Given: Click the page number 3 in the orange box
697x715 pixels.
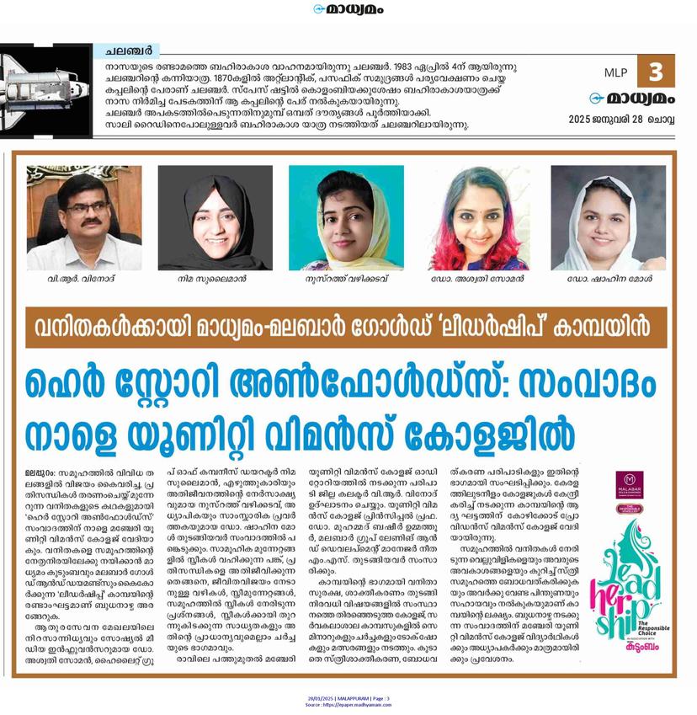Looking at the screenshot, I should tap(656, 72).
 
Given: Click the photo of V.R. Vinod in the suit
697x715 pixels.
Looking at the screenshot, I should tap(83, 217).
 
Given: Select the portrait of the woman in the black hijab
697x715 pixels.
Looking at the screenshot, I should tap(215, 217).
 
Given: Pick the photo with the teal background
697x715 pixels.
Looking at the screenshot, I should tap(345, 217).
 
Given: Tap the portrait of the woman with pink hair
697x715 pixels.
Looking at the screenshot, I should tap(477, 217).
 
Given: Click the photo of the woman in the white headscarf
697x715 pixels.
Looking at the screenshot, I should tap(609, 217).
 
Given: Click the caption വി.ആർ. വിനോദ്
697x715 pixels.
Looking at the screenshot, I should tap(84, 279).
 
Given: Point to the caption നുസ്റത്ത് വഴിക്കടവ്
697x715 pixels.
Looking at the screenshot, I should tap(345, 279).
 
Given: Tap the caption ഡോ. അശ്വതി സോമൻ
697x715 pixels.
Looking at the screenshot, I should tap(477, 279).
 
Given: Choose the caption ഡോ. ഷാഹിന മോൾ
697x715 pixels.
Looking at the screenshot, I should tap(609, 279).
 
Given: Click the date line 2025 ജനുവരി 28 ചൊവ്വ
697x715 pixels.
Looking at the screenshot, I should tap(626, 117).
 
